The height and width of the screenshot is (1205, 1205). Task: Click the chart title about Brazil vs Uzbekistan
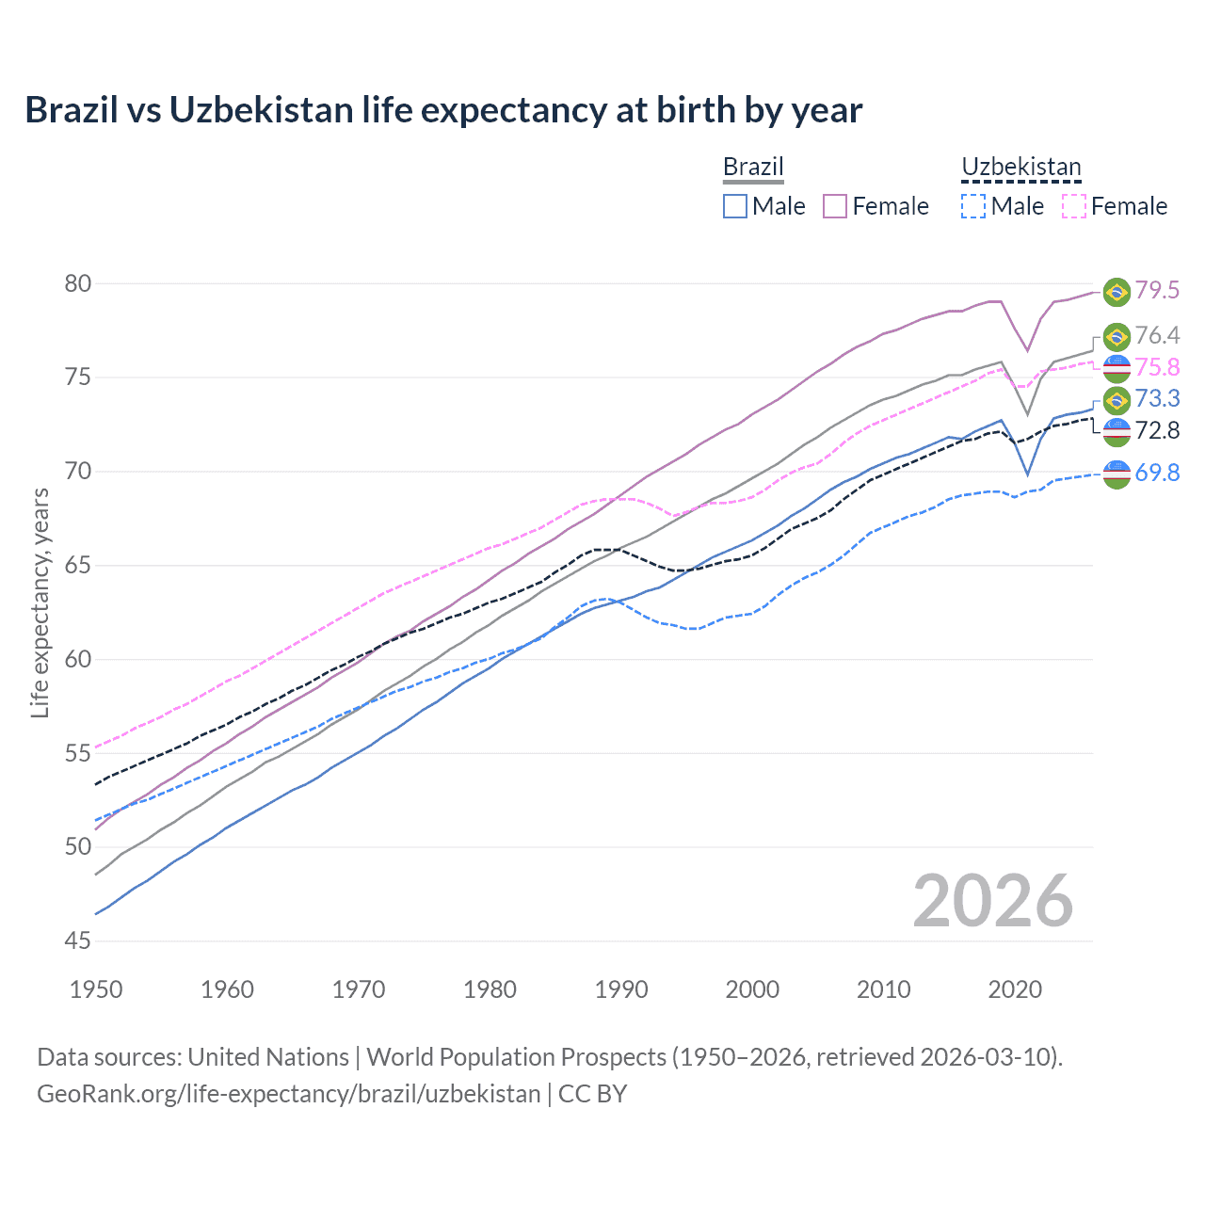tap(443, 110)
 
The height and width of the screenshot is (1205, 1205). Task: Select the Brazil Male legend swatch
tap(735, 206)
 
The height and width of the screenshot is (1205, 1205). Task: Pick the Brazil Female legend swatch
tap(835, 206)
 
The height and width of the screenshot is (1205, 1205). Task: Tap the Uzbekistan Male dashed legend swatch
tap(973, 206)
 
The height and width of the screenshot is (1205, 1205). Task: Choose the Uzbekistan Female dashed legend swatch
tap(1074, 206)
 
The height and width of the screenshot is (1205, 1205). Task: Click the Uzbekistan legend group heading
tap(1021, 168)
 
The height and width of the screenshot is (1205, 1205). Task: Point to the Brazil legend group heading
tap(753, 168)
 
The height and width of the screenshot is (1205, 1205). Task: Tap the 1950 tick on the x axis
tap(96, 989)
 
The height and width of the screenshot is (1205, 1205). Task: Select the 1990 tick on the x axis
tap(621, 989)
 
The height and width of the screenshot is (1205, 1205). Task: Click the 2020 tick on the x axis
tap(1015, 989)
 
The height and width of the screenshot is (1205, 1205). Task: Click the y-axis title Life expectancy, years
tap(40, 602)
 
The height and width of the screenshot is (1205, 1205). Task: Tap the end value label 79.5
tap(1157, 291)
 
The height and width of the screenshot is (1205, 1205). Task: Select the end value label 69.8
tap(1157, 473)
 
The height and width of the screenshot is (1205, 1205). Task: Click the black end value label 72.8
tap(1157, 431)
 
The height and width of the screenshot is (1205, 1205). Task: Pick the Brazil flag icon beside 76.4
tap(1117, 336)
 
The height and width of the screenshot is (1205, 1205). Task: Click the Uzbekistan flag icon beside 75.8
tap(1117, 368)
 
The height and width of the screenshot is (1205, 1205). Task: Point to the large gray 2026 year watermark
tap(993, 901)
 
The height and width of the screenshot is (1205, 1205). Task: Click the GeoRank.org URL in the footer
tap(288, 1094)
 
